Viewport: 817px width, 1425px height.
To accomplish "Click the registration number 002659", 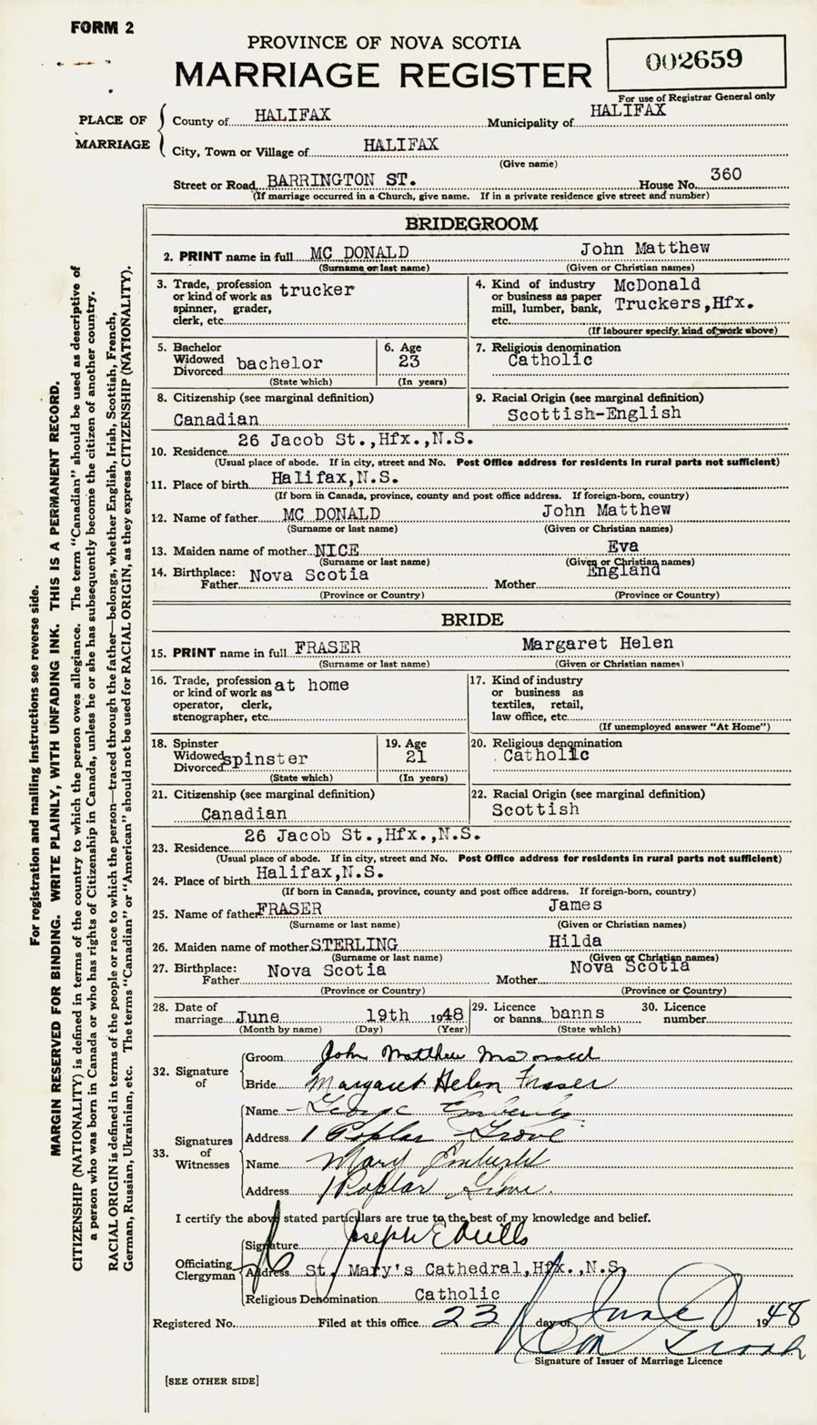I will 694,61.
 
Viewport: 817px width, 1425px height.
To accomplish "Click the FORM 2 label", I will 102,28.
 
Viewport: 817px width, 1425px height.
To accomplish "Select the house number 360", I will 725,174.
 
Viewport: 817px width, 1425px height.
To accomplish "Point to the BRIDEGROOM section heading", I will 471,223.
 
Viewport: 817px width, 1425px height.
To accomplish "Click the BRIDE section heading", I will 472,620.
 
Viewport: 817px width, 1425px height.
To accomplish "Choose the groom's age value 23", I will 409,361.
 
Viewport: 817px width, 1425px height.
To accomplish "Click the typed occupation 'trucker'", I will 317,290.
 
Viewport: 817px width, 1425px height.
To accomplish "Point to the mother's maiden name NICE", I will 337,551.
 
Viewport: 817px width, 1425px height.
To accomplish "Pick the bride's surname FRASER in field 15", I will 328,647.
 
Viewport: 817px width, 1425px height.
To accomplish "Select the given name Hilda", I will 575,942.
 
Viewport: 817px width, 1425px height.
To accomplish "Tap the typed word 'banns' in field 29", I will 576,1013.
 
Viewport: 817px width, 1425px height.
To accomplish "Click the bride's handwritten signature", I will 459,1083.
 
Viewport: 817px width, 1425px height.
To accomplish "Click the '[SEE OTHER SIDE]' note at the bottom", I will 211,1380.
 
